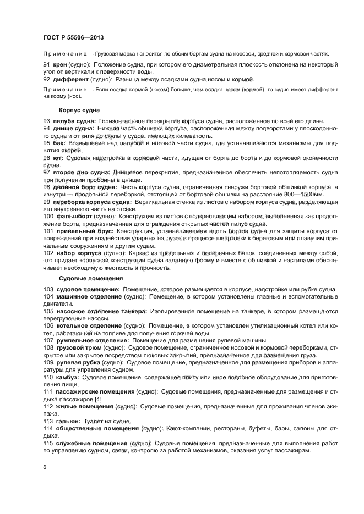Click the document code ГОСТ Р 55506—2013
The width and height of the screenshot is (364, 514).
tap(73, 37)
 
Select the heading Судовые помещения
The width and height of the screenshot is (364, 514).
tap(83, 278)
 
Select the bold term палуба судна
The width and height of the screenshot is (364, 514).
tap(74, 121)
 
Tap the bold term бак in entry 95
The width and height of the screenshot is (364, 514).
tap(60, 142)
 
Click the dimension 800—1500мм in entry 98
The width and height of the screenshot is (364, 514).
tap(300, 195)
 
